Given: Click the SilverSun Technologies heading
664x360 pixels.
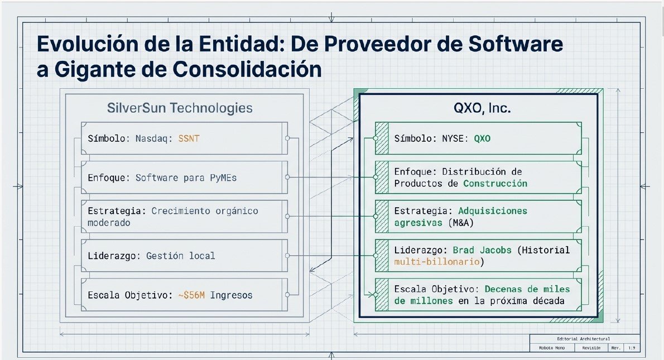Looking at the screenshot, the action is click(180, 108).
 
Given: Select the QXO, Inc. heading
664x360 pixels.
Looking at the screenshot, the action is click(482, 108).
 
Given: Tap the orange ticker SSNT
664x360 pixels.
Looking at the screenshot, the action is click(189, 138).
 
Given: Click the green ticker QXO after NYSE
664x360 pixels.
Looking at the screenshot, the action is click(482, 138).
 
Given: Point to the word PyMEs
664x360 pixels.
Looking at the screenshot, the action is click(223, 178).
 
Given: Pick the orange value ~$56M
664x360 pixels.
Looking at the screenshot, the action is click(191, 295).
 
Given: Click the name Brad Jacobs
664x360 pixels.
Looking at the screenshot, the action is click(482, 250).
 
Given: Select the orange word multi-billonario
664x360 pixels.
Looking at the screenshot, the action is click(436, 262).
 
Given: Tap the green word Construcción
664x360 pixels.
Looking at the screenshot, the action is click(495, 184).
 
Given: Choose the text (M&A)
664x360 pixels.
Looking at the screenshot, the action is click(461, 223).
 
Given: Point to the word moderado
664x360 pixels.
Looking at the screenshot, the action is click(109, 223).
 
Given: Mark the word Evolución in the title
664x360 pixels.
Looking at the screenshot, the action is click(88, 44).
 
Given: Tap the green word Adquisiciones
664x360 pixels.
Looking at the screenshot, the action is click(493, 211).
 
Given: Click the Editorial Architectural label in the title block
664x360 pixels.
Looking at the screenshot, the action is click(583, 339).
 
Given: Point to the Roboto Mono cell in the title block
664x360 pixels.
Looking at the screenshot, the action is click(551, 348).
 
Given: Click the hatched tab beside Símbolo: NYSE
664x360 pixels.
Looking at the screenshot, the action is click(382, 138).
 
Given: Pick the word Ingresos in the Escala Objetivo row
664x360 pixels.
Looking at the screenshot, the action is click(231, 295).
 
